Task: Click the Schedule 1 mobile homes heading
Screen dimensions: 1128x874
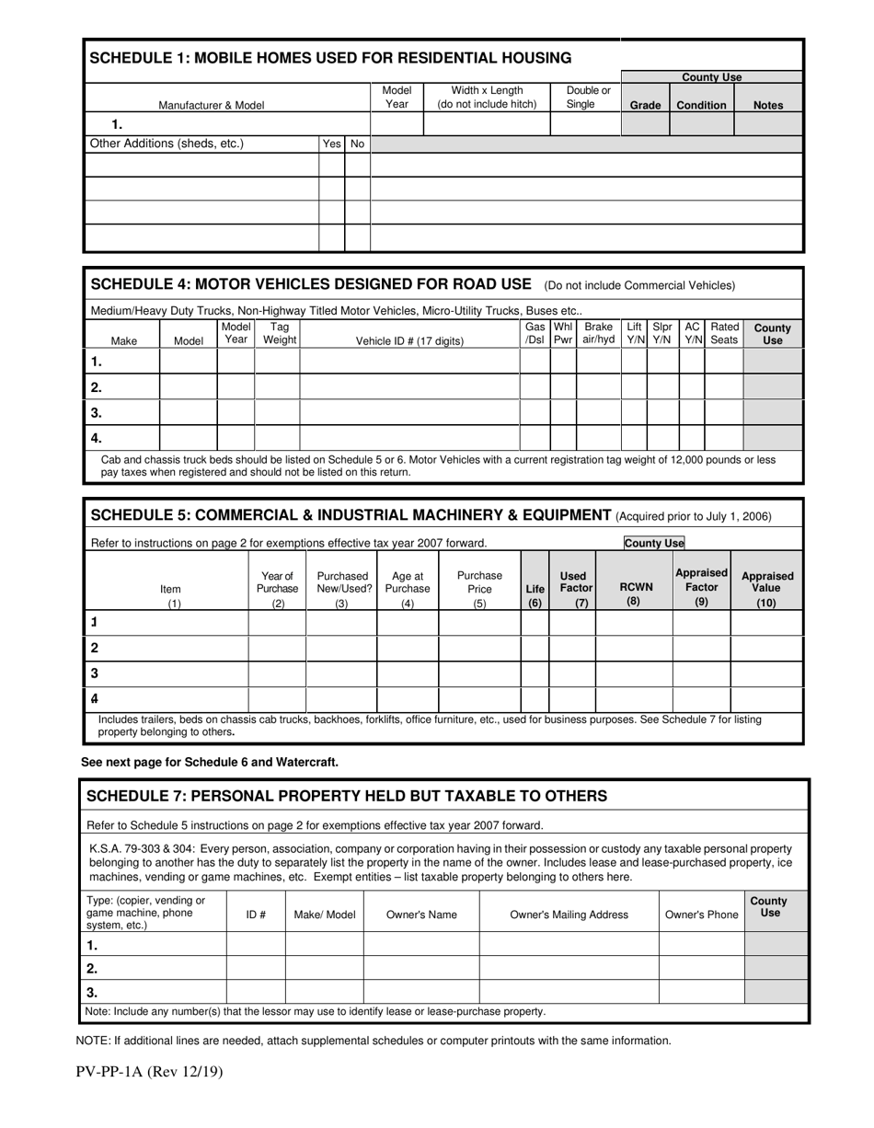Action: coord(330,58)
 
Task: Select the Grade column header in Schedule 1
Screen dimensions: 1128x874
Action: coord(645,105)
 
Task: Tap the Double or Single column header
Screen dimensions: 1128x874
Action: coord(588,98)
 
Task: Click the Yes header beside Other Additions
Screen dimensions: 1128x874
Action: coord(331,144)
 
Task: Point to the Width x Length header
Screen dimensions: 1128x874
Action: coord(487,98)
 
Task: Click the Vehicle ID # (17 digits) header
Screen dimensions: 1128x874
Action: coord(409,340)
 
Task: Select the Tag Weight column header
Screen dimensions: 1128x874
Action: coord(280,333)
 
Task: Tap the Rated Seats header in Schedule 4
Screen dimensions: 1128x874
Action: coord(724,333)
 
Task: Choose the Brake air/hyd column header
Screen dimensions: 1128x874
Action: coord(598,333)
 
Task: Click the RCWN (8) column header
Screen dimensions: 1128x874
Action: coord(635,593)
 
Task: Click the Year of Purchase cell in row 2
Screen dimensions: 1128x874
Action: coord(277,648)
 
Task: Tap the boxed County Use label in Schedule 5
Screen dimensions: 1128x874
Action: coord(654,543)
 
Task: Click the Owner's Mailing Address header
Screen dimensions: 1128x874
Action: coord(569,915)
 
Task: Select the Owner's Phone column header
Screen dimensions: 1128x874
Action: coord(701,915)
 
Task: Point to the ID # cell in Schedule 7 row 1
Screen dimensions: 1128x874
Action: coord(256,945)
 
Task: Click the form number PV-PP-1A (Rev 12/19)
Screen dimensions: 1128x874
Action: coord(149,1071)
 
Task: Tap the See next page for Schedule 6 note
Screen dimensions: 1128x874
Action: coord(210,762)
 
